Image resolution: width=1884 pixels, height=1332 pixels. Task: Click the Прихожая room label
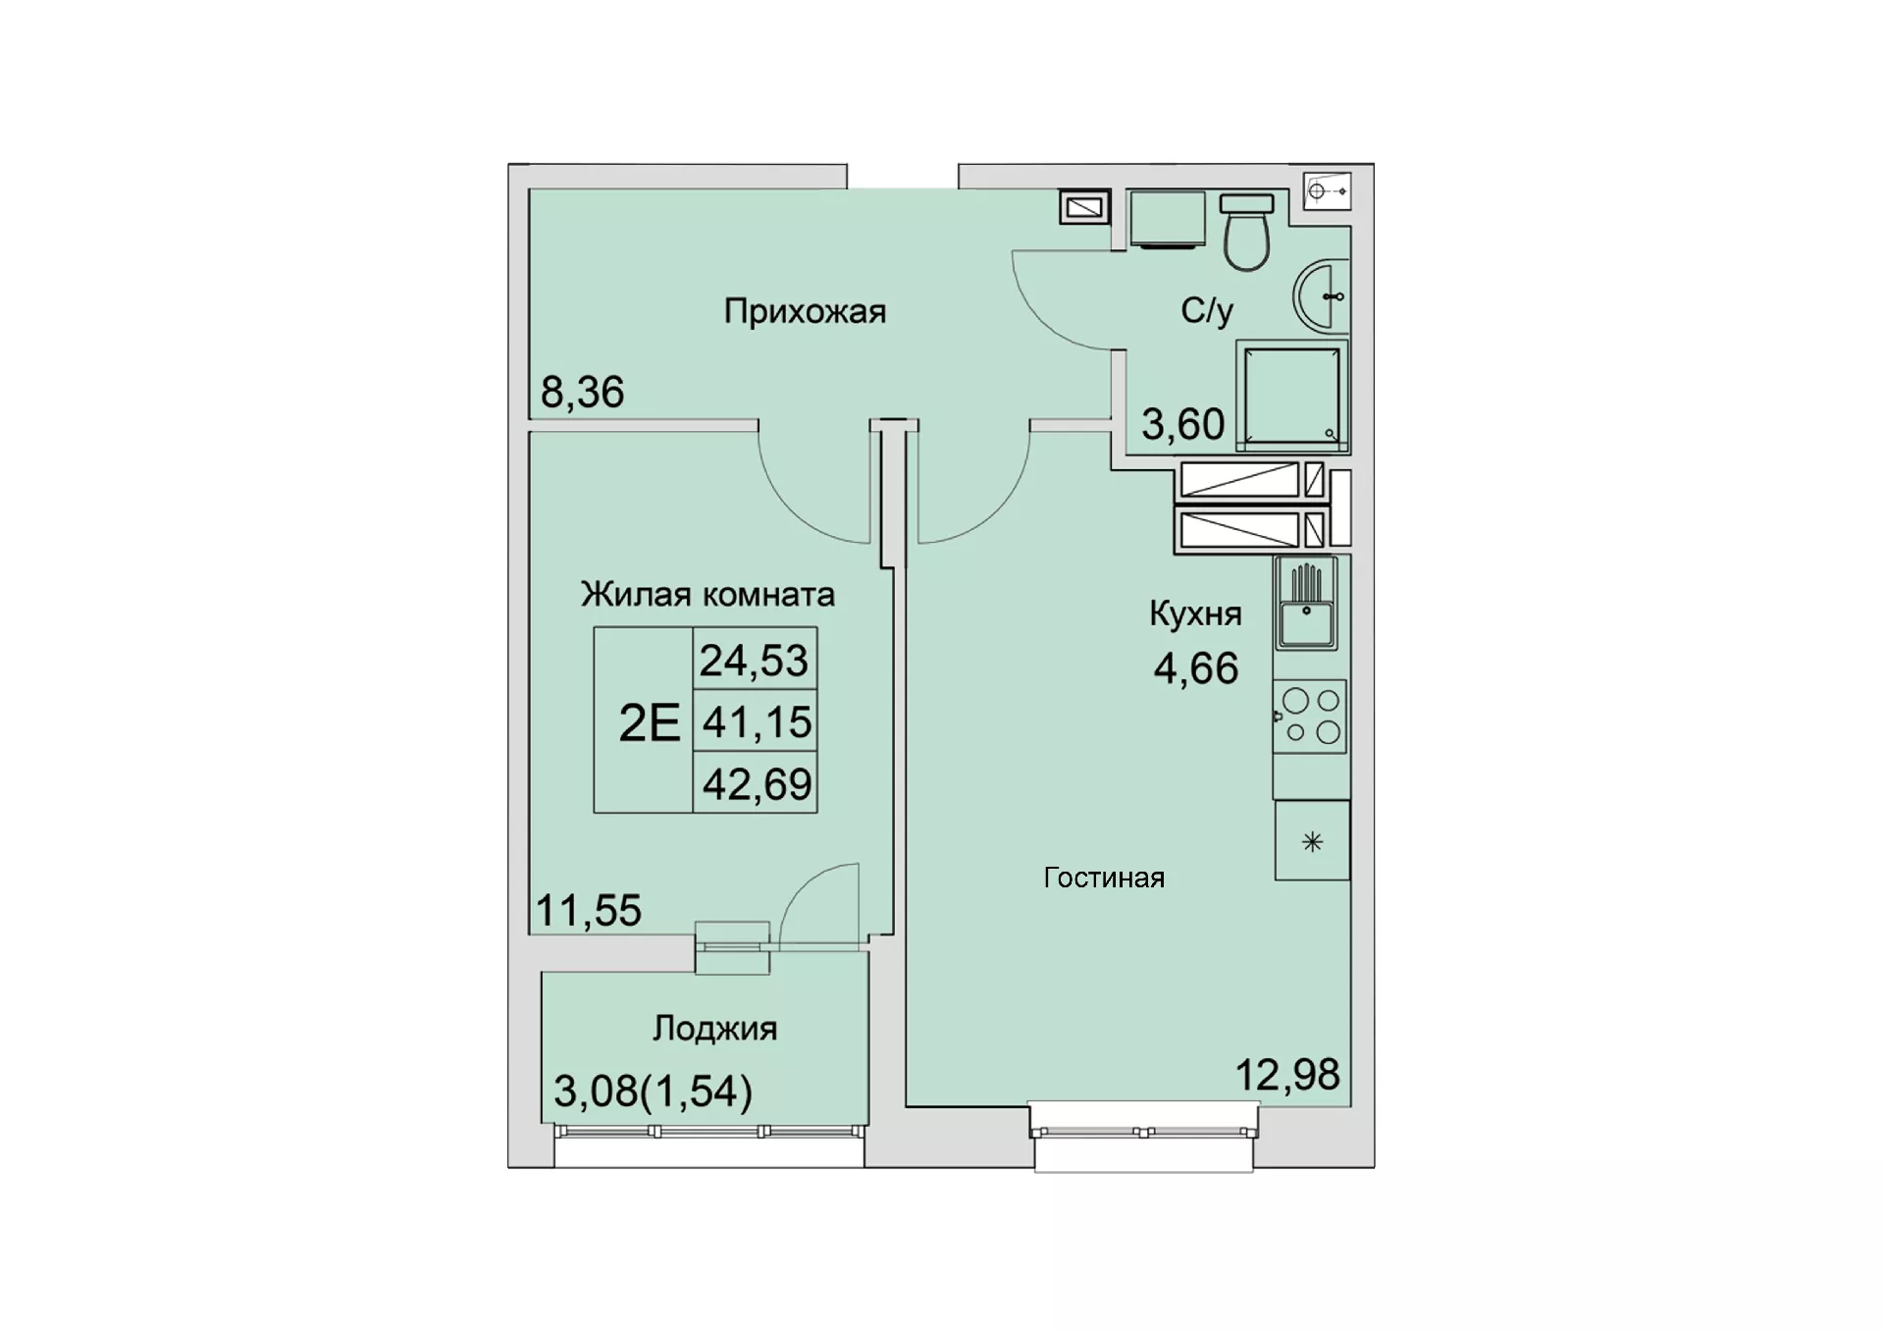[x=805, y=312]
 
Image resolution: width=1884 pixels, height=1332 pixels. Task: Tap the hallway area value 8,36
[x=582, y=393]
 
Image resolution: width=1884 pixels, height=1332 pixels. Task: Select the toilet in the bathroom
[x=1246, y=232]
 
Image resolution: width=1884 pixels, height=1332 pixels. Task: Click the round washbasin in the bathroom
[x=1321, y=295]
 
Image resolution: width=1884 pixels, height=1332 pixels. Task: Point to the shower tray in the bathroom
[x=1292, y=396]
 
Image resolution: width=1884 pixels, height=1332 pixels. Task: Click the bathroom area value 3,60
[x=1182, y=424]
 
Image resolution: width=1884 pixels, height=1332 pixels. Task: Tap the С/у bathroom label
[x=1207, y=311]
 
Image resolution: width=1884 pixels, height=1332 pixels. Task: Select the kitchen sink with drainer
[x=1306, y=604]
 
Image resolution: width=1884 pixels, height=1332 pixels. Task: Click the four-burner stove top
[x=1310, y=717]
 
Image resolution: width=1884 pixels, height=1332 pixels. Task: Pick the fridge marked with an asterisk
[x=1312, y=841]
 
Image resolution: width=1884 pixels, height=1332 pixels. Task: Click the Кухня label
[x=1195, y=614]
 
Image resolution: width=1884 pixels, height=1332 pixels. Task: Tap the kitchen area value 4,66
[x=1195, y=668]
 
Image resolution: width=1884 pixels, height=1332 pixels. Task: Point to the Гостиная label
[x=1104, y=878]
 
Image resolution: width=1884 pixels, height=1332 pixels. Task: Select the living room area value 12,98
[x=1286, y=1075]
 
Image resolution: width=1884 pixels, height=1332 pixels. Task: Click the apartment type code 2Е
[x=650, y=723]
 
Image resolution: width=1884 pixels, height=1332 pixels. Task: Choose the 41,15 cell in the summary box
[x=757, y=722]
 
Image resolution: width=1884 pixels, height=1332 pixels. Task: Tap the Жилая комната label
[x=707, y=595]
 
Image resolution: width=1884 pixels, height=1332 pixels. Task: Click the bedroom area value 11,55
[x=589, y=911]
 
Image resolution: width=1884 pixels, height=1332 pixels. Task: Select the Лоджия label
[x=714, y=1029]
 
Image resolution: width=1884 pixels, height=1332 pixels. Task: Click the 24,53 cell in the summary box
[x=755, y=660]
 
